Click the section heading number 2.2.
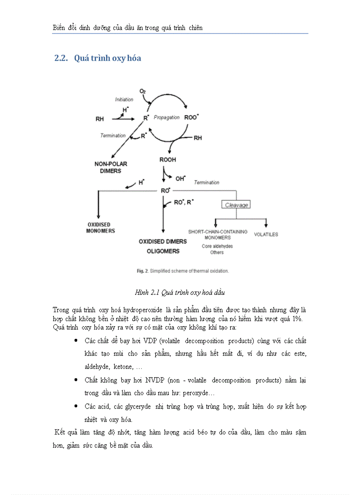point(60,58)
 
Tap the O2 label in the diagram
point(142,91)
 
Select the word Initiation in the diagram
point(124,100)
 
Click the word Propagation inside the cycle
point(166,118)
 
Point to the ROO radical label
point(191,118)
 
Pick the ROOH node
point(168,160)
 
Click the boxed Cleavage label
point(236,205)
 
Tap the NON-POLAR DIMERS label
point(111,167)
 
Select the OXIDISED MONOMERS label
point(101,228)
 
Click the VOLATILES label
point(266,234)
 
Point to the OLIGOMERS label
point(163,251)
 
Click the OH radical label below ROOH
point(180,179)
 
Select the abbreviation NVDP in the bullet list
point(135,380)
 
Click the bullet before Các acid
point(76,406)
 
